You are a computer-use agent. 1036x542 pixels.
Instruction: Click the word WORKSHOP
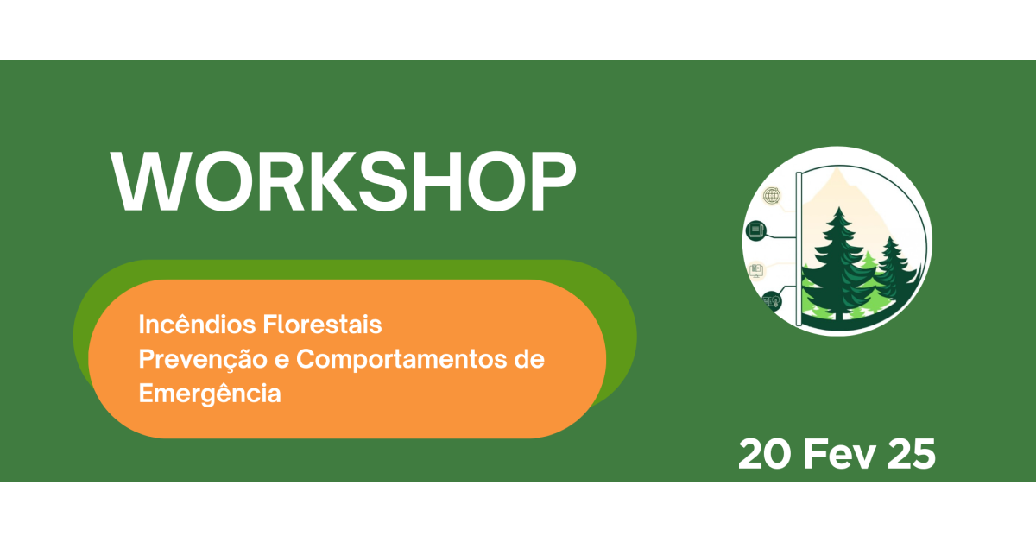[344, 181]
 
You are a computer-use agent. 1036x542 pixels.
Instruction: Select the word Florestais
[322, 324]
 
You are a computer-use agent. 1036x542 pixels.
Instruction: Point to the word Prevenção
[203, 360]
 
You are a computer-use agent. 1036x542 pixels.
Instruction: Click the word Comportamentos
[401, 360]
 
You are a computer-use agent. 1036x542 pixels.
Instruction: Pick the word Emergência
[210, 394]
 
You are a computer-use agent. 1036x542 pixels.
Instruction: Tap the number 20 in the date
[765, 454]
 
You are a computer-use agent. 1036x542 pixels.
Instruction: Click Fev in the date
[839, 454]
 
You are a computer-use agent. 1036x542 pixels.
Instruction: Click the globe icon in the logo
[772, 196]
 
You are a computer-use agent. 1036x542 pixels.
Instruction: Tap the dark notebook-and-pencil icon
[756, 230]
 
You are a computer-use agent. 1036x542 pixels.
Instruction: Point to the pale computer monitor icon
[756, 270]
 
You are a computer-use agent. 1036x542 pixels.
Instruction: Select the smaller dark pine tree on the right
[894, 273]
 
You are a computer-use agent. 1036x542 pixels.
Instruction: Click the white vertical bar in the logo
[799, 249]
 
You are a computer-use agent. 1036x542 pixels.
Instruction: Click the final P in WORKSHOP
[553, 181]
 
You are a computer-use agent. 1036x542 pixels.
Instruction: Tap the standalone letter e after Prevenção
[281, 361]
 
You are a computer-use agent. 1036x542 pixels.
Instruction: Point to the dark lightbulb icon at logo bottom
[772, 301]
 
